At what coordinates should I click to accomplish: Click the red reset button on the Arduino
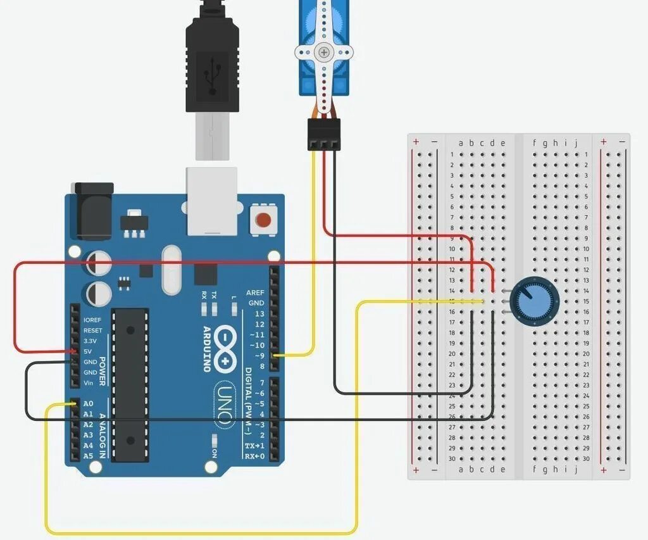click(263, 220)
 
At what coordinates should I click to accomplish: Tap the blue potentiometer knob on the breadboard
click(530, 301)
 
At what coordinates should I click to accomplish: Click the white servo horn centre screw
click(324, 52)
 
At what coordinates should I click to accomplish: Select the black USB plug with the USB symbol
click(212, 63)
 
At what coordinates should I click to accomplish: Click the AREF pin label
click(255, 293)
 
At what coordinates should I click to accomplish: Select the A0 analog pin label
click(89, 403)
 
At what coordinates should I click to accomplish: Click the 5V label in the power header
click(88, 351)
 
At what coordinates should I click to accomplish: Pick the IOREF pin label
click(92, 320)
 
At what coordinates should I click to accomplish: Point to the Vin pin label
click(89, 383)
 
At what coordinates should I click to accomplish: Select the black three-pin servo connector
click(324, 134)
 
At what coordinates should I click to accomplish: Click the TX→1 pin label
click(255, 446)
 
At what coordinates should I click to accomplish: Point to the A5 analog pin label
click(89, 456)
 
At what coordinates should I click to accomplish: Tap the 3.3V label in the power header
click(90, 341)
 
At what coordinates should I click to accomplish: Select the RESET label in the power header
click(92, 330)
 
